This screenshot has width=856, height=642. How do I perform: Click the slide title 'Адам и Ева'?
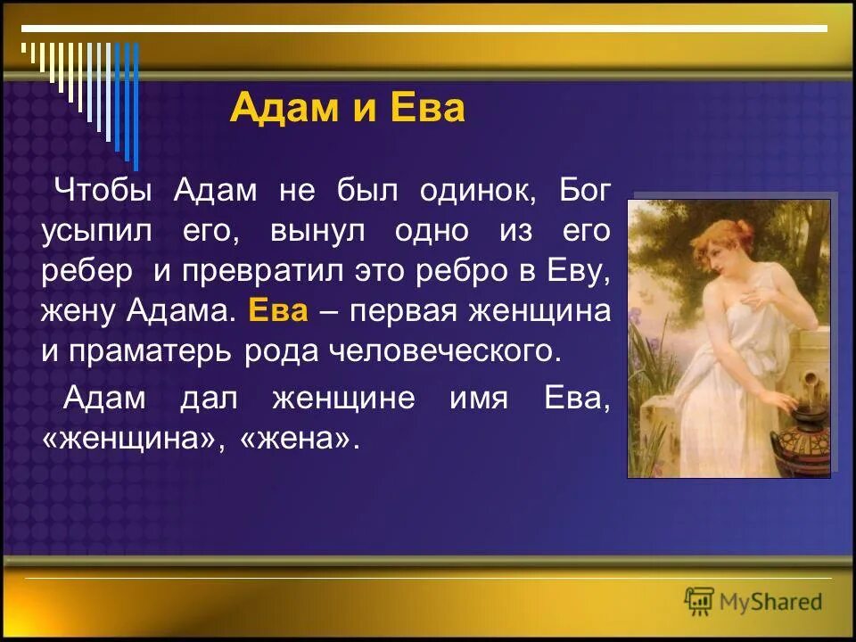pos(347,109)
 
